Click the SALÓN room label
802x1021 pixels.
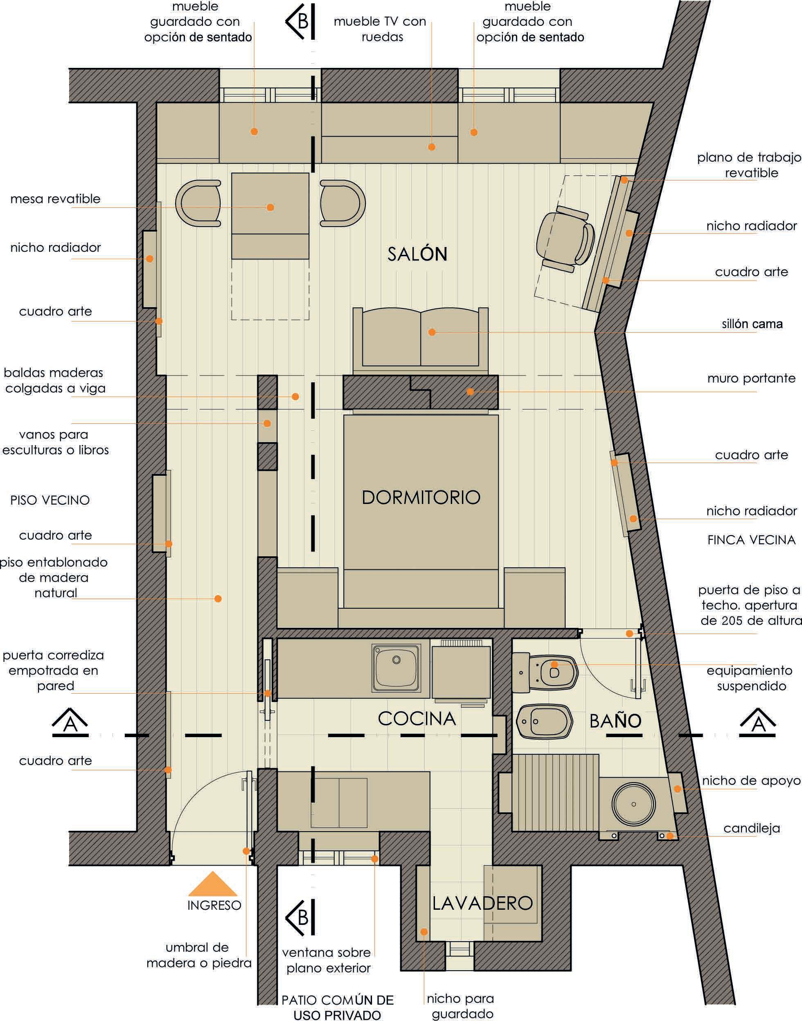[417, 254]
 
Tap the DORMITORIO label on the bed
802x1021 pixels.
[421, 497]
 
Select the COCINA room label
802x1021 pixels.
[417, 719]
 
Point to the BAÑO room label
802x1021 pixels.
[615, 721]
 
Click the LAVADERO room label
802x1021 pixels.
[482, 903]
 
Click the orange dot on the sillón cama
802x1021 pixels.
[432, 332]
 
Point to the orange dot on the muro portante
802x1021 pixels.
[470, 391]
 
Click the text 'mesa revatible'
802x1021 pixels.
[55, 198]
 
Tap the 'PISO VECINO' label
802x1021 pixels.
[50, 500]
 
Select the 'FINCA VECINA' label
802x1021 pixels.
[751, 540]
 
